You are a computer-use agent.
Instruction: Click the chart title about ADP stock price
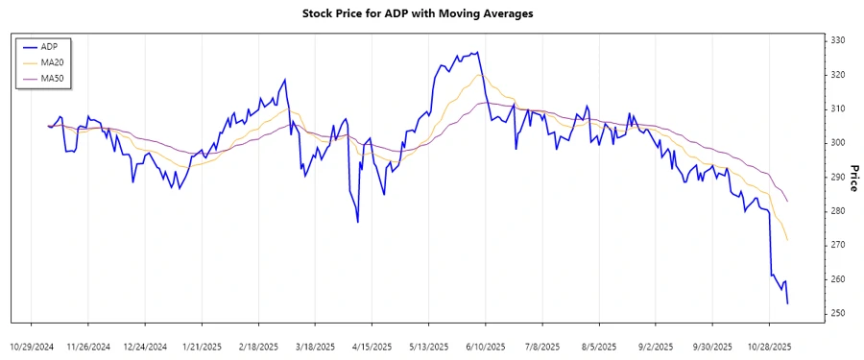431,14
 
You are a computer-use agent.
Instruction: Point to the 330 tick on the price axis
838,40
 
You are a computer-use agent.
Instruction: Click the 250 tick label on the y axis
838,313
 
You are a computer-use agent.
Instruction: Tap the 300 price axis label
838,143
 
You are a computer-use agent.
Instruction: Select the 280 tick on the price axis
838,211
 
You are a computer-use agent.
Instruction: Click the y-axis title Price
853,177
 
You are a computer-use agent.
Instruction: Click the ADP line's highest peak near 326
478,53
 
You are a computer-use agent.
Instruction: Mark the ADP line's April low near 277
358,223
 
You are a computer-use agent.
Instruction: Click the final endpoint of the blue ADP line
787,303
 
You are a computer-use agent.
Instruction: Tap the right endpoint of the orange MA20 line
787,240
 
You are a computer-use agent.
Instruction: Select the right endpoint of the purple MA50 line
787,201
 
